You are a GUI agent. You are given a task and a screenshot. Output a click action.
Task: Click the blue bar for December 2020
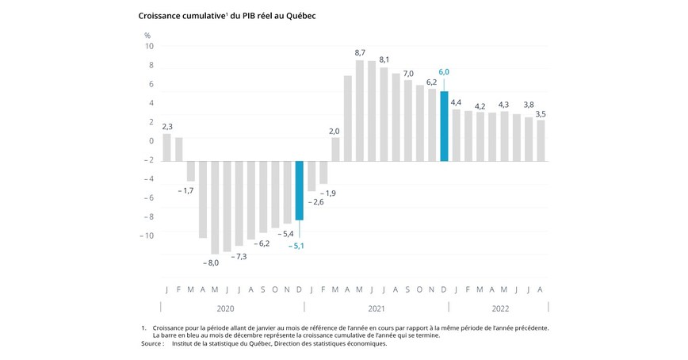[300, 190]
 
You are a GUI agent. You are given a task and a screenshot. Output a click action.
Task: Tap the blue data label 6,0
[444, 72]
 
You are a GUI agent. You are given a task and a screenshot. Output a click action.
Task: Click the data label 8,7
[359, 52]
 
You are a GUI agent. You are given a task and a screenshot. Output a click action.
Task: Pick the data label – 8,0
[210, 262]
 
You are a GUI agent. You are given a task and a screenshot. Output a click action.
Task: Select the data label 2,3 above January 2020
[167, 126]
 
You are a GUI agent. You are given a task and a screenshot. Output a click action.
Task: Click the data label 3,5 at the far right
[541, 114]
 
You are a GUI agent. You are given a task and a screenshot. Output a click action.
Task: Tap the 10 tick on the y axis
[149, 46]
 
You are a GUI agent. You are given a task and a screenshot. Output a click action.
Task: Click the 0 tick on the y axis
[151, 141]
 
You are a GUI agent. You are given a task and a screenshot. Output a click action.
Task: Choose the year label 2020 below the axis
[225, 308]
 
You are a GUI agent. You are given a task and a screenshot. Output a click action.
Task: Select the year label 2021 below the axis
[376, 308]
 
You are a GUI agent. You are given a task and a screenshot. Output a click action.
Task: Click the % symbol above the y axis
[147, 35]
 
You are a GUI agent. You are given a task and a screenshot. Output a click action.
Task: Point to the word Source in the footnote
[152, 343]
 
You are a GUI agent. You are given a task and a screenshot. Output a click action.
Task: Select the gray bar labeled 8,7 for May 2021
[360, 110]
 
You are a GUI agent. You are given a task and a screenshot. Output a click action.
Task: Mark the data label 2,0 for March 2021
[334, 131]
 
